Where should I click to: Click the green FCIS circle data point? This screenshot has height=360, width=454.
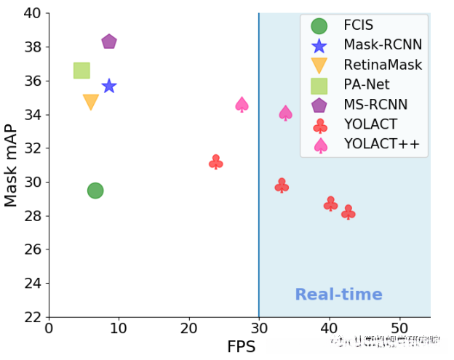point(95,191)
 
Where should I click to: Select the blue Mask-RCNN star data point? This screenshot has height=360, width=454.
point(109,86)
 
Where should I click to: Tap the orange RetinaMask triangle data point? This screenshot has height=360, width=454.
point(91,102)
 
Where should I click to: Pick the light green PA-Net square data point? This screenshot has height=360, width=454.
point(81,71)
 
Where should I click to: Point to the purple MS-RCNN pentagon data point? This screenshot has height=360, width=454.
point(109,41)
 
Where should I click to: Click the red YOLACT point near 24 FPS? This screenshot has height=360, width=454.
point(215,162)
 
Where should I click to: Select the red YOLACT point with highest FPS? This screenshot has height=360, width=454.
point(348,212)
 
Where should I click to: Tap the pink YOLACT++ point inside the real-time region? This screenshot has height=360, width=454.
point(285,113)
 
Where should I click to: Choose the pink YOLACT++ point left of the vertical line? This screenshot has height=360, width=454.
point(242,105)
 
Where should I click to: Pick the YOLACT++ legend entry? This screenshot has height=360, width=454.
point(382,145)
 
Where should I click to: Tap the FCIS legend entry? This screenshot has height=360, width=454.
point(359,25)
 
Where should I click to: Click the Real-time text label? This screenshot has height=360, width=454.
point(338,295)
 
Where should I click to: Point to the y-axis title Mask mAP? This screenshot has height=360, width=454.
point(12,164)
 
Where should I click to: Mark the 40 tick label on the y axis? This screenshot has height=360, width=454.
point(33,14)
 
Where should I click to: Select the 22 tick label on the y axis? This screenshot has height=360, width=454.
point(33,317)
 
